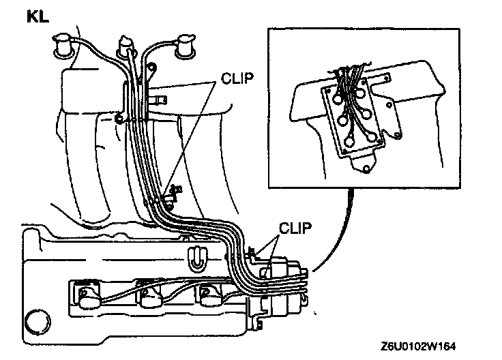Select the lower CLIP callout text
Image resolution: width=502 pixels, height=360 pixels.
point(295,228)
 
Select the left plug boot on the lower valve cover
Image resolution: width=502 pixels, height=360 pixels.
point(87,298)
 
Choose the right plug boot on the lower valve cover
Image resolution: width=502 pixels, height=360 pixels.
point(208,298)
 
